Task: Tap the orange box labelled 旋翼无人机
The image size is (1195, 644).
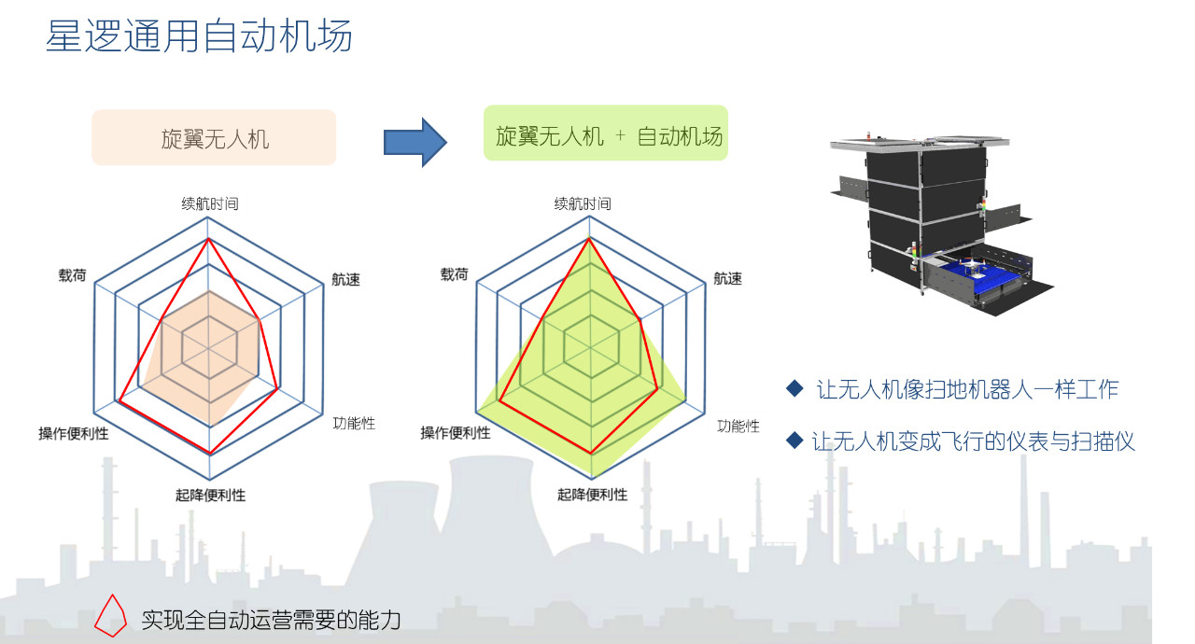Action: [214, 138]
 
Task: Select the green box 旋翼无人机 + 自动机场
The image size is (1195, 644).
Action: [606, 136]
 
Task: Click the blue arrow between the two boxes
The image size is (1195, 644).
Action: [415, 141]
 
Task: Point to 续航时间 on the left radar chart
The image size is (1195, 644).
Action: [209, 203]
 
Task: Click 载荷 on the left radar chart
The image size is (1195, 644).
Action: [73, 275]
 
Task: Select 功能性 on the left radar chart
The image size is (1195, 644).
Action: [354, 423]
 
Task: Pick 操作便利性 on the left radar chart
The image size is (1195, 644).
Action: [73, 433]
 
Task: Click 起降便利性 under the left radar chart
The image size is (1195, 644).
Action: [210, 495]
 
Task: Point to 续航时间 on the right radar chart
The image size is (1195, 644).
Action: [583, 203]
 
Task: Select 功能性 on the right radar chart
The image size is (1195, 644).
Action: [738, 427]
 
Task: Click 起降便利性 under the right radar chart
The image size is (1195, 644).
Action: [592, 494]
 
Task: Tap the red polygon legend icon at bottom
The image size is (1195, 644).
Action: [111, 616]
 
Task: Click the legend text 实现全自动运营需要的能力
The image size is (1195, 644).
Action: [271, 619]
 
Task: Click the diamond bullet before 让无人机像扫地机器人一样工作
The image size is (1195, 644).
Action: [794, 387]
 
